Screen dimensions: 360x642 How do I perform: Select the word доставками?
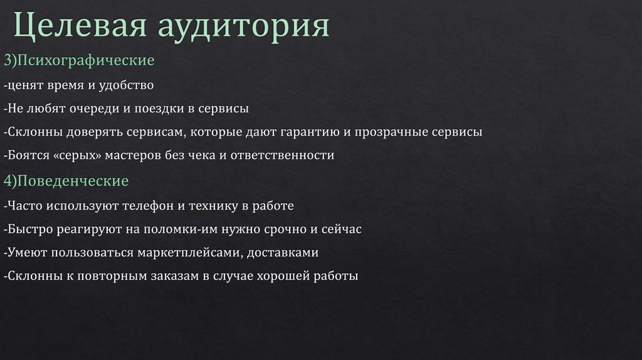point(283,253)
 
